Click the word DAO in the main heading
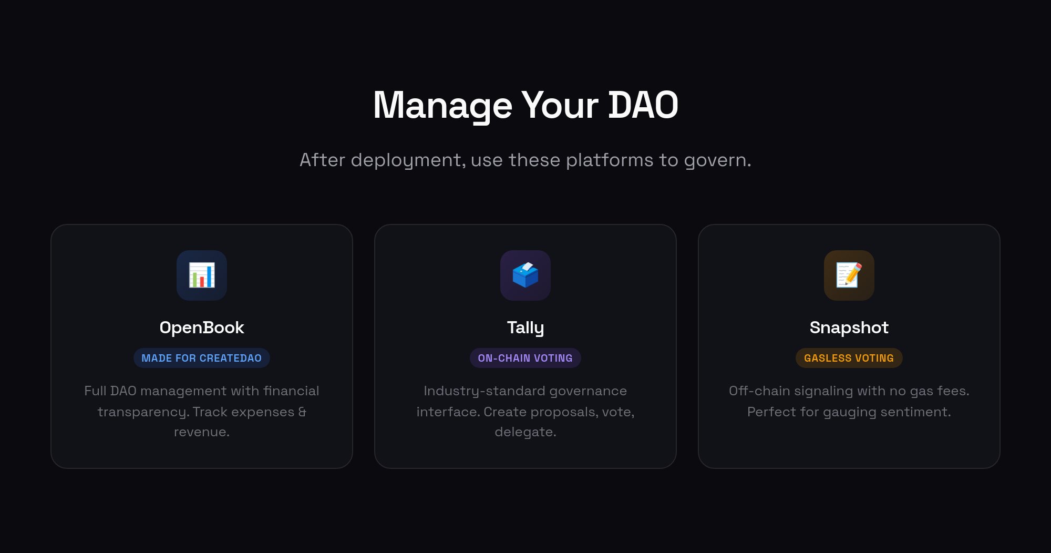(x=643, y=105)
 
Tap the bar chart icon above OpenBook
(x=202, y=275)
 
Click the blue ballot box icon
(x=525, y=275)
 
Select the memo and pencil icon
(x=849, y=275)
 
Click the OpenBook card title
(x=202, y=327)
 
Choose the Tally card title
(x=525, y=328)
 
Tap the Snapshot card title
(x=849, y=328)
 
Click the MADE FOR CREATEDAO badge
(x=202, y=358)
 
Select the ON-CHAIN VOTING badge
(x=525, y=358)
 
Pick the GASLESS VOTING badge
(x=849, y=358)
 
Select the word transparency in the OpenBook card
(x=142, y=412)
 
